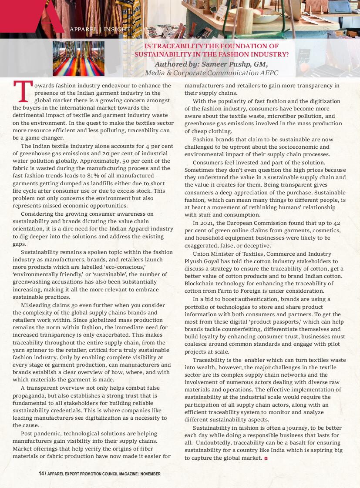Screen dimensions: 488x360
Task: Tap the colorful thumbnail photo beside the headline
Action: [x=78, y=59]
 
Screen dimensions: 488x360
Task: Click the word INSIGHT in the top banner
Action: [x=117, y=30]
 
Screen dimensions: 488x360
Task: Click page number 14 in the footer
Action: [x=41, y=474]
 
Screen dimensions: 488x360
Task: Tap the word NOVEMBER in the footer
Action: [x=151, y=474]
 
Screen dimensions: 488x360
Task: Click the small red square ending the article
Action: [x=266, y=458]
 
